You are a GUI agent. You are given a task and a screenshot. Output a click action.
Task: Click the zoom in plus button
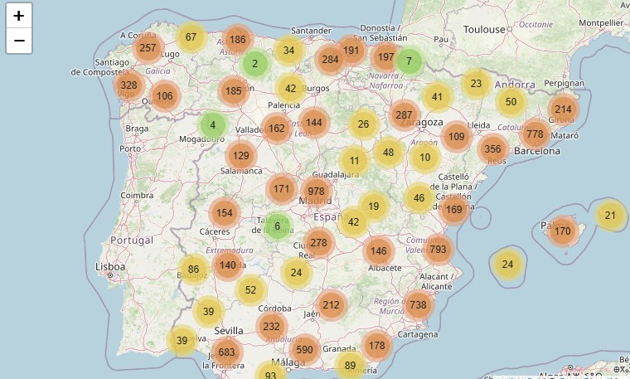coord(19,16)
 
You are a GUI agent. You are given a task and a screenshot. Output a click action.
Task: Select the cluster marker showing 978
coord(316,191)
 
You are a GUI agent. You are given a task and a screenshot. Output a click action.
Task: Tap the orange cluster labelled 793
coord(439,249)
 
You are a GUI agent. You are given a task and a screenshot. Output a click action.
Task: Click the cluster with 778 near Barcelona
coord(535,134)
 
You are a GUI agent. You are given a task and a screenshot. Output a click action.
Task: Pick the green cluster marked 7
coord(409,61)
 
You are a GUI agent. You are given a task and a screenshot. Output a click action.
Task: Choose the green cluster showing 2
coord(254,64)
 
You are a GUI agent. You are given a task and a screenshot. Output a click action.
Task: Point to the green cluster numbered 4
coord(212,125)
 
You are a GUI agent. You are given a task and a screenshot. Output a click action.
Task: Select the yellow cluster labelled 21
coord(611,216)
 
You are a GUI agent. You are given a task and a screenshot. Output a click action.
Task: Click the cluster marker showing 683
coord(227,352)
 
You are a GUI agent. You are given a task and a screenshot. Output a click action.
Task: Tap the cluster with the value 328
coord(128,85)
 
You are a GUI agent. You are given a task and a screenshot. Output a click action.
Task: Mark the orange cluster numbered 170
coord(563,231)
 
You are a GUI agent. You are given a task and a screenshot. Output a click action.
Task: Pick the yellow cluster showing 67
coord(191,37)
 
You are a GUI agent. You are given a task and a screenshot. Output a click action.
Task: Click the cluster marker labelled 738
coord(418,304)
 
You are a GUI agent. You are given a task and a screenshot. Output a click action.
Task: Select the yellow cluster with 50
coord(511,102)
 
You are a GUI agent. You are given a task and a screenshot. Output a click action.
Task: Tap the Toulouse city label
coord(484,29)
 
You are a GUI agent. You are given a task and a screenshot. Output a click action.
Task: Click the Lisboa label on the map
coord(109,267)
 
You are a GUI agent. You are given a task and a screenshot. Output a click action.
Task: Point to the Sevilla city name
coord(229,330)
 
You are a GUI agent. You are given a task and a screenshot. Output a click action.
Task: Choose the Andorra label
coord(515,85)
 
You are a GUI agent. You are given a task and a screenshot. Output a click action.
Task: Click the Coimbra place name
coord(137,196)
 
